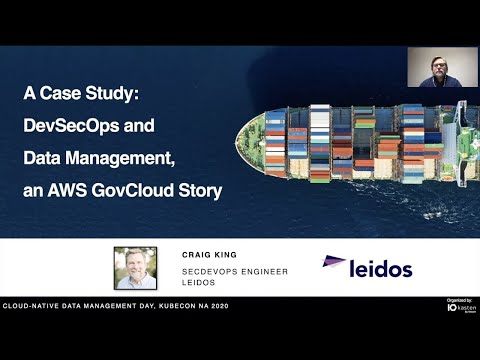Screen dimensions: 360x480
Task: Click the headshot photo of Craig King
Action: point(134,266)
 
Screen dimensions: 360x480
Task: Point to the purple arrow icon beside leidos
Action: point(334,264)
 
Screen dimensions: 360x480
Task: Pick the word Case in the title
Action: point(65,97)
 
